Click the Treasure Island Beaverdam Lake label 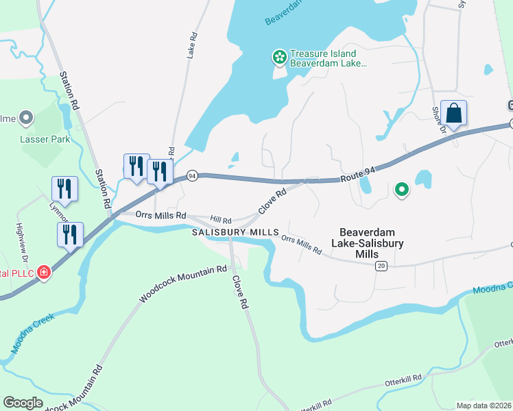tap(322, 58)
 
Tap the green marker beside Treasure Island tap(279, 58)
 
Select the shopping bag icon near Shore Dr tap(453, 112)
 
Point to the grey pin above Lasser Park tap(26, 119)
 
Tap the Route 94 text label tap(359, 179)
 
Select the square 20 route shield tap(381, 265)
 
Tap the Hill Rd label tap(221, 220)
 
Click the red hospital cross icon tap(44, 273)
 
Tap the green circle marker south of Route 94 tap(401, 189)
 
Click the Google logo tap(22, 403)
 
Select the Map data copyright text tap(484, 406)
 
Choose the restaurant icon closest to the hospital tap(70, 235)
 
